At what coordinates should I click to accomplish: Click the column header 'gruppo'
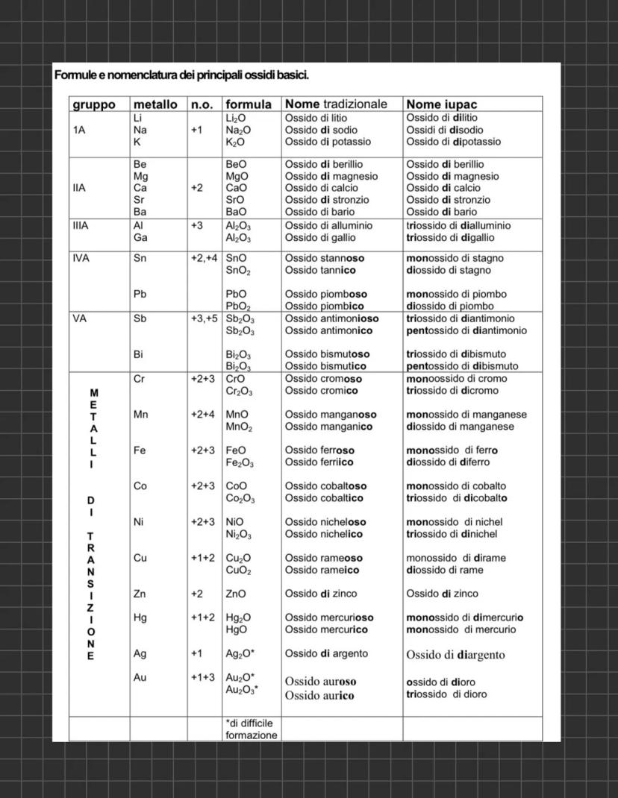94,104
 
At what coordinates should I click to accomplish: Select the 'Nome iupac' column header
441,104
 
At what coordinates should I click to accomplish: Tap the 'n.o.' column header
202,104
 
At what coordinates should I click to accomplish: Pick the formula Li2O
237,118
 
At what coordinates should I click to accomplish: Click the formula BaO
237,212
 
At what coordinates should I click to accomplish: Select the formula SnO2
239,271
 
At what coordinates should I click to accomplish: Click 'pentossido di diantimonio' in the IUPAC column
466,330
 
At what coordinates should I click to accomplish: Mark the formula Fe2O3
240,463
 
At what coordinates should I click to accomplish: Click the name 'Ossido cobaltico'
324,498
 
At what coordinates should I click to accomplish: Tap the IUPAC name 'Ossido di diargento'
455,655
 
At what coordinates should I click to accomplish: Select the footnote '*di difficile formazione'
251,729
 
